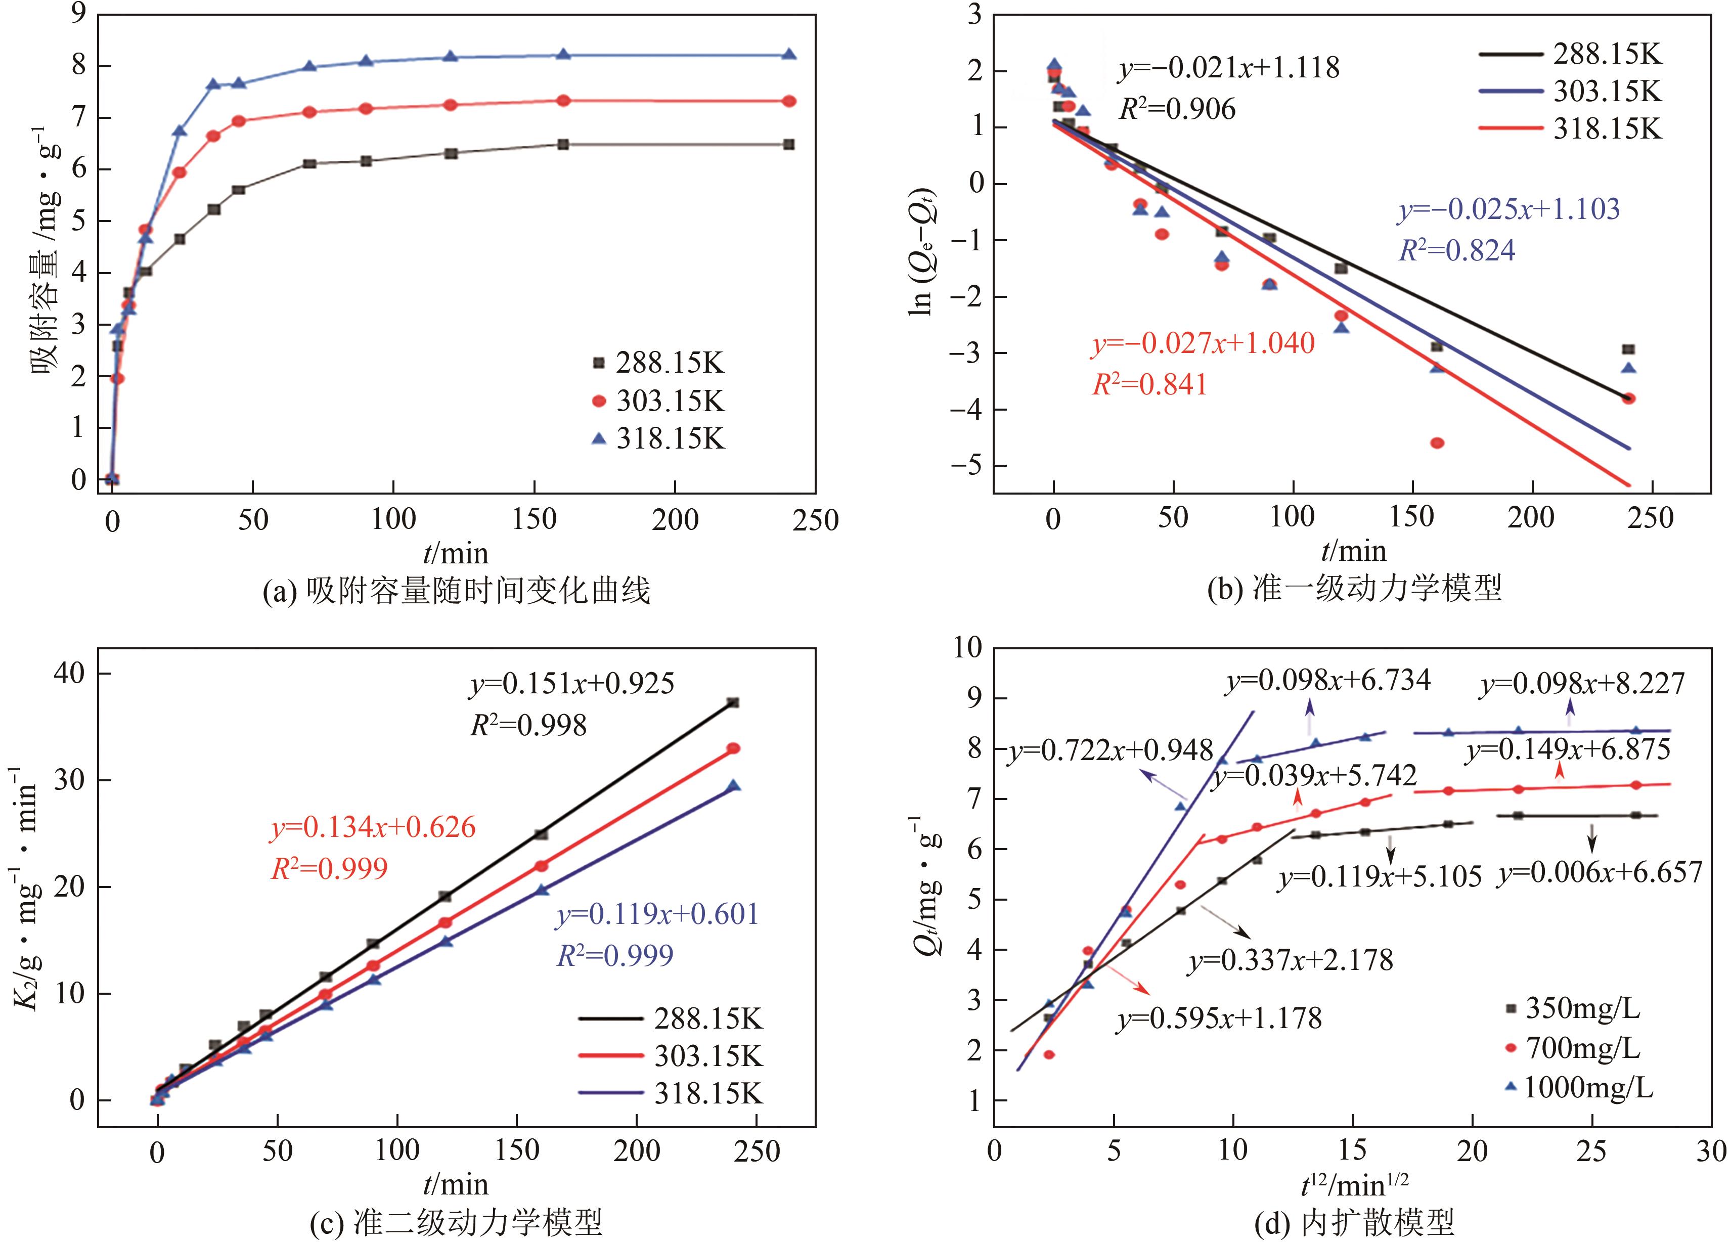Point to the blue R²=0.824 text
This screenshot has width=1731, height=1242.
click(x=1456, y=250)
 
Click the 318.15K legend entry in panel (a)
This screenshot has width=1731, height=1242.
click(x=658, y=439)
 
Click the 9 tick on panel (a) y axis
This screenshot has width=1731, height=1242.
click(x=79, y=14)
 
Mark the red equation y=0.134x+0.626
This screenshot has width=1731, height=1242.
click(x=373, y=827)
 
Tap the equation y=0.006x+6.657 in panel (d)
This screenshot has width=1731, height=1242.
click(x=1600, y=872)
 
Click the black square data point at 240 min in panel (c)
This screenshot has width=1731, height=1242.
click(x=733, y=702)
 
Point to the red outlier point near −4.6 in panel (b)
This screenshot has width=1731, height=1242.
click(x=1437, y=443)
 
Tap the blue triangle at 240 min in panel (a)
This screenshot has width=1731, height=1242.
click(x=789, y=54)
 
